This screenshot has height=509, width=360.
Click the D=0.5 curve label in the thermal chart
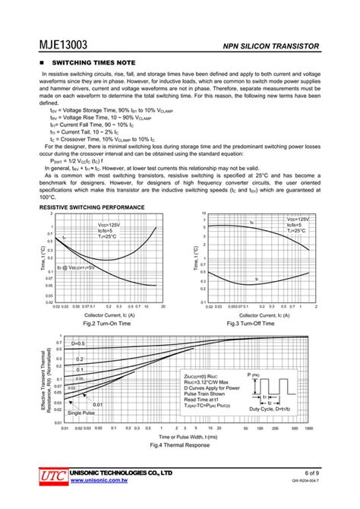79,344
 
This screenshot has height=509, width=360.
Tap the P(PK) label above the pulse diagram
253,375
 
